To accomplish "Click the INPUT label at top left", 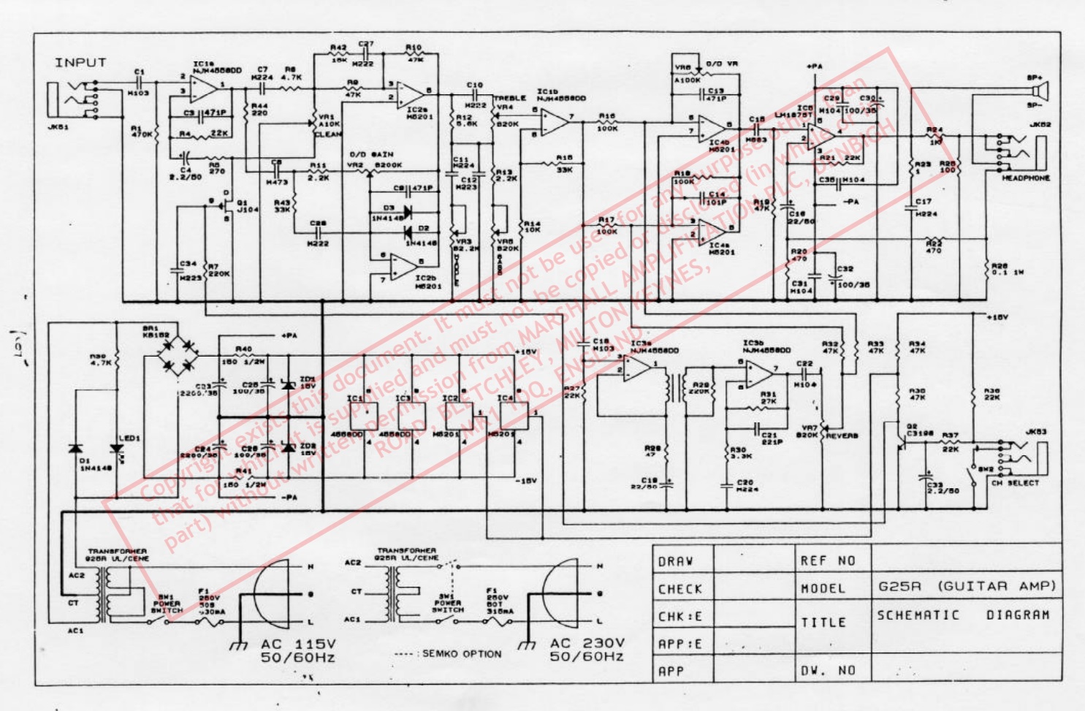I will (80, 63).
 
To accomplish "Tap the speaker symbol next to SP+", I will (1040, 92).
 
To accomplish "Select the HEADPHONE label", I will (1025, 178).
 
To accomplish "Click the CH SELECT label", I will (1015, 483).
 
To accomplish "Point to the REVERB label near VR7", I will (842, 436).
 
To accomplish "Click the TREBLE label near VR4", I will (509, 98).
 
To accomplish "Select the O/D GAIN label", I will (371, 155).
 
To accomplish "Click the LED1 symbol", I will (116, 448).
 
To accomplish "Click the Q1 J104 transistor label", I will (247, 206).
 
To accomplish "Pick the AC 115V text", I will (298, 644).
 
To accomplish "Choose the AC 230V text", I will (587, 643).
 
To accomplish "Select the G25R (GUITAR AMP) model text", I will (967, 586).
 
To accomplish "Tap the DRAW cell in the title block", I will (675, 561).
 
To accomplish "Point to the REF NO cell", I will (827, 560).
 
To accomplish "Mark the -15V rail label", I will (526, 481).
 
